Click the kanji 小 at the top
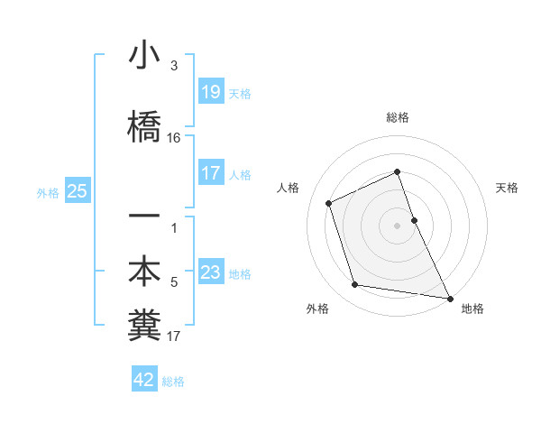[144, 56]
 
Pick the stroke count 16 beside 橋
[174, 138]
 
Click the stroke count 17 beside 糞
[174, 337]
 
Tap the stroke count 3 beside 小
[174, 66]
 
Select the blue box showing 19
[211, 91]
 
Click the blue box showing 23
[211, 273]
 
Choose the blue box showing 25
[77, 191]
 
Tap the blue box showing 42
[144, 380]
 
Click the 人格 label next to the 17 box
[240, 175]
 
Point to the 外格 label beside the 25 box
[48, 192]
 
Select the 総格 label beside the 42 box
[173, 382]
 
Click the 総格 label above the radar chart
[397, 117]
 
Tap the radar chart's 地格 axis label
[472, 309]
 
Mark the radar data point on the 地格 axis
[449, 297]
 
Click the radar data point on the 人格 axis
[329, 203]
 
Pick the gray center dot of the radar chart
[397, 225]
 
